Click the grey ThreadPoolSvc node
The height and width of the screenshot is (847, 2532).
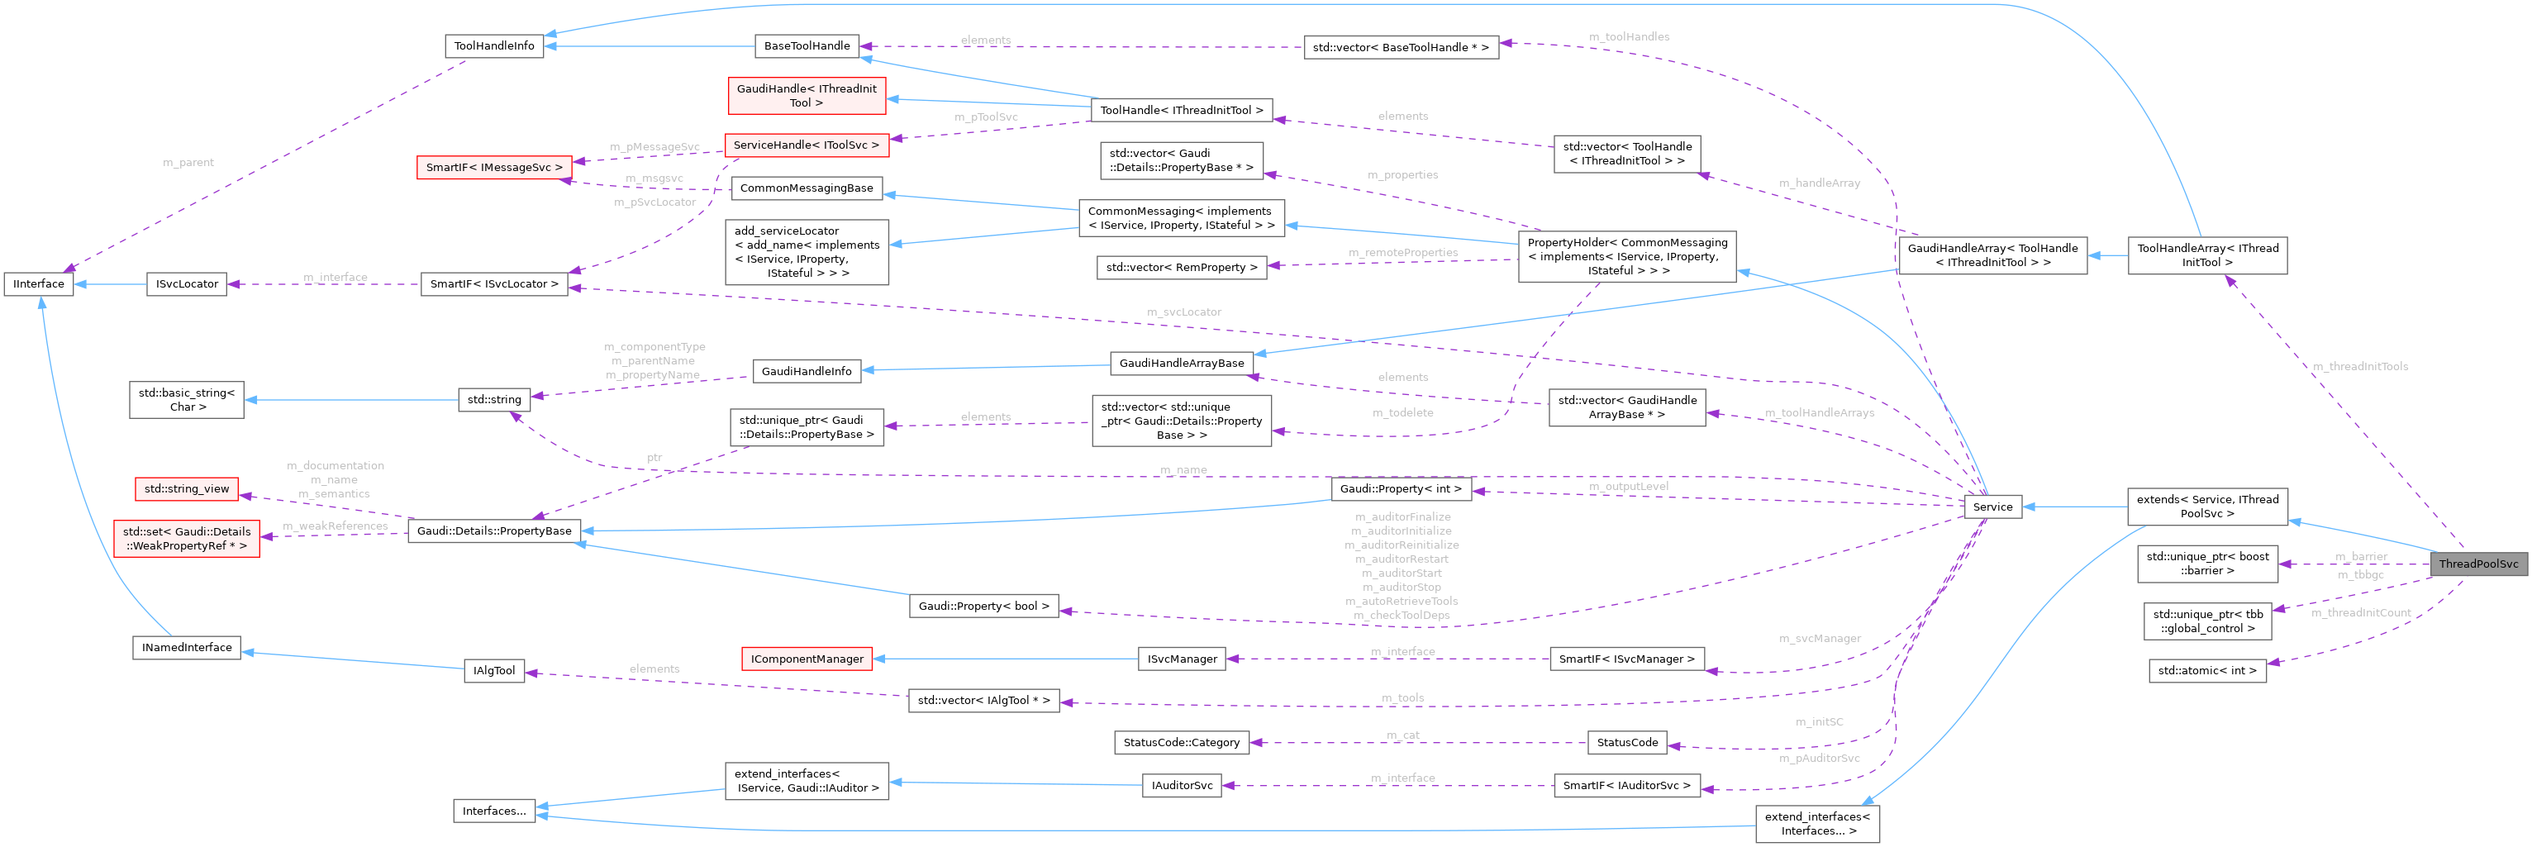tap(2478, 564)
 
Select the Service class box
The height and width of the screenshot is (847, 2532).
tap(1992, 507)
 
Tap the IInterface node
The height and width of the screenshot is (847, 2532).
tap(38, 284)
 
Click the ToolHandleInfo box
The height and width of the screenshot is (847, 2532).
tap(493, 46)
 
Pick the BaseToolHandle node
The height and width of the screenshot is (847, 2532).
tap(806, 46)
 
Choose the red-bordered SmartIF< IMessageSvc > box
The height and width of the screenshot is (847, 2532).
tap(493, 168)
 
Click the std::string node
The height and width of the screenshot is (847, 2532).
tap(493, 399)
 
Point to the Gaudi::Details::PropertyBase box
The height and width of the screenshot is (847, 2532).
tap(493, 531)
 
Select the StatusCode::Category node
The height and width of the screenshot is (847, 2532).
tap(1181, 743)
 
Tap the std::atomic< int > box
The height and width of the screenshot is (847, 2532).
tap(2206, 671)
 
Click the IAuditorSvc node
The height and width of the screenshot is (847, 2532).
tap(1182, 785)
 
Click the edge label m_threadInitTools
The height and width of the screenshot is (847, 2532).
tap(2360, 367)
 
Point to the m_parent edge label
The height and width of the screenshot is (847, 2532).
tap(188, 162)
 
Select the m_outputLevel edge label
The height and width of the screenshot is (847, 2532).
tap(1628, 487)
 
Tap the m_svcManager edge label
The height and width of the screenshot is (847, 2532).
tap(1820, 639)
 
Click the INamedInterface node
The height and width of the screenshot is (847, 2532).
tap(187, 648)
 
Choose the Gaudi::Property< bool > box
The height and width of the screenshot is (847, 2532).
tap(983, 607)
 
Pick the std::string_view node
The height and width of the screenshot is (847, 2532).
tap(187, 488)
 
